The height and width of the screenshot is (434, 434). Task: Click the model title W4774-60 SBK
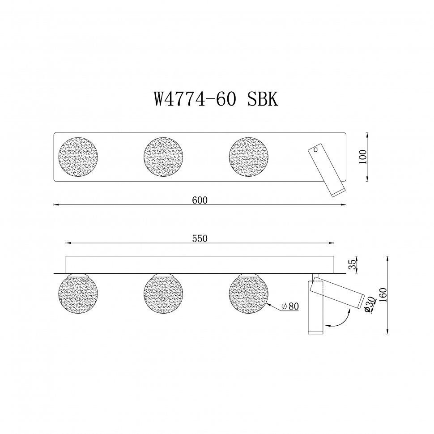click(216, 98)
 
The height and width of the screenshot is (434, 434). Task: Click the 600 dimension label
click(200, 200)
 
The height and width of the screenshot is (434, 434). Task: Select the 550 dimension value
click(200, 238)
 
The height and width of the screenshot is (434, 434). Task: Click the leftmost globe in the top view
click(79, 157)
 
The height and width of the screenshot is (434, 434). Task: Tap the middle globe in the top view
click(164, 157)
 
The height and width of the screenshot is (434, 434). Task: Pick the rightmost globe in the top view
click(249, 157)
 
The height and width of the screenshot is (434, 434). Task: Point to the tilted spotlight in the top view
click(326, 171)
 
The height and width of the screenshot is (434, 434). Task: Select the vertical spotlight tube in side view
click(315, 313)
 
